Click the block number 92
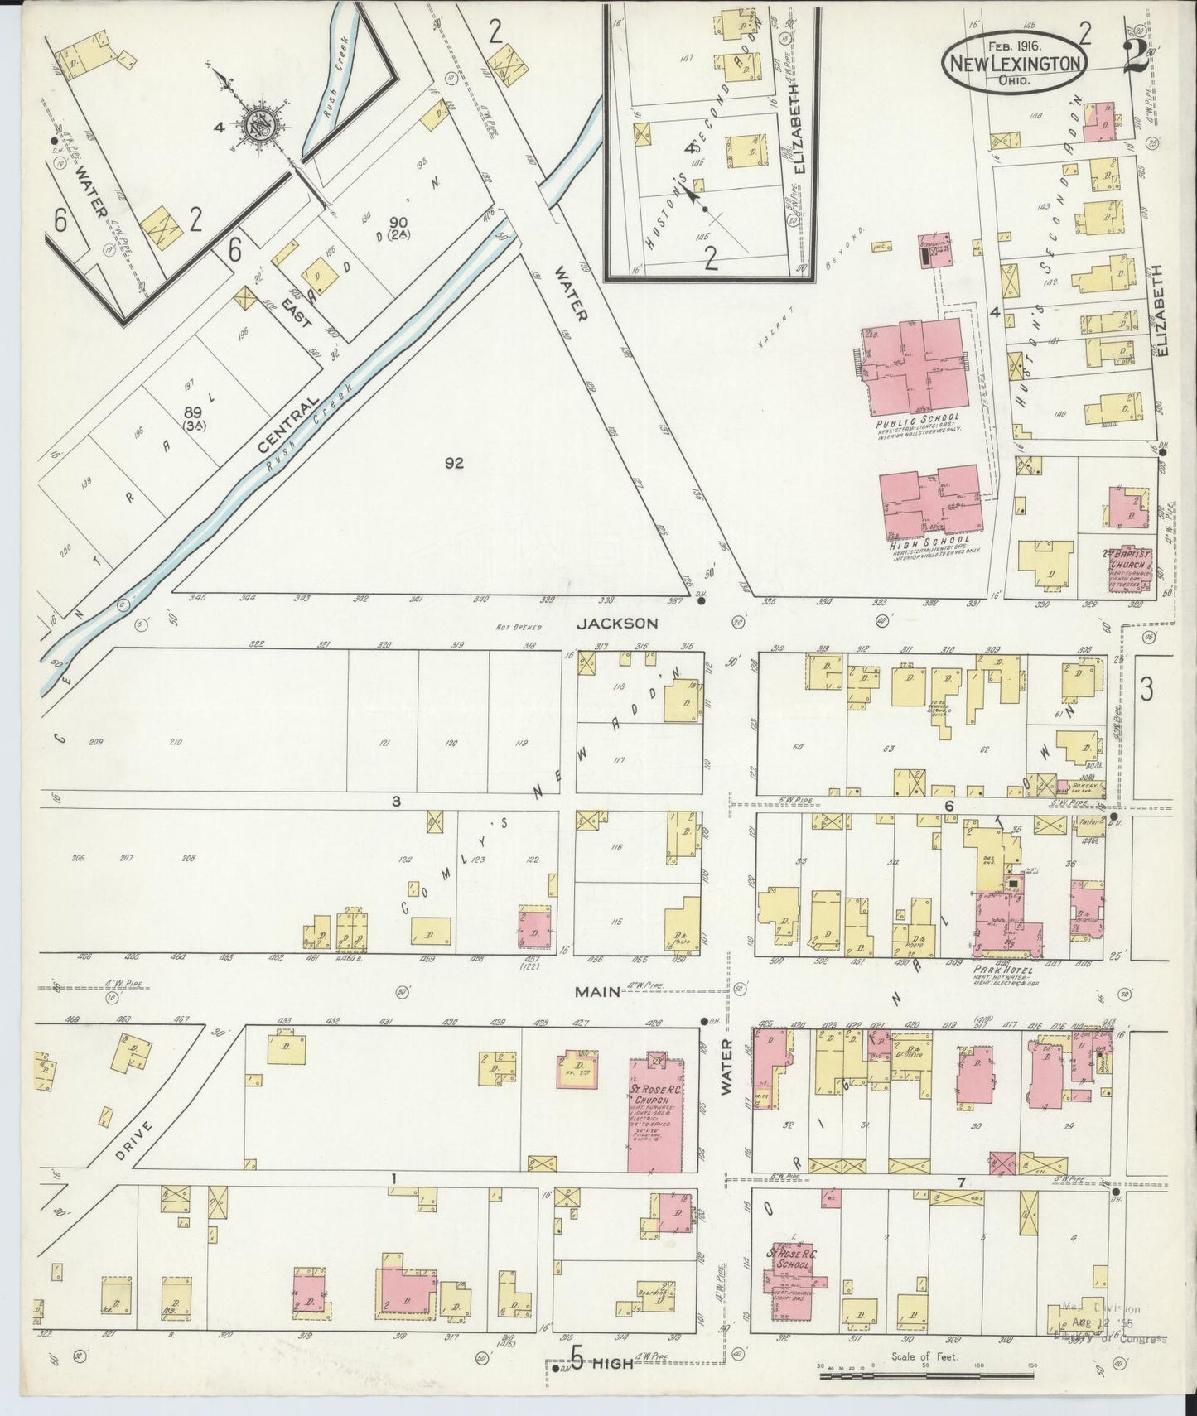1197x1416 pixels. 452,464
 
